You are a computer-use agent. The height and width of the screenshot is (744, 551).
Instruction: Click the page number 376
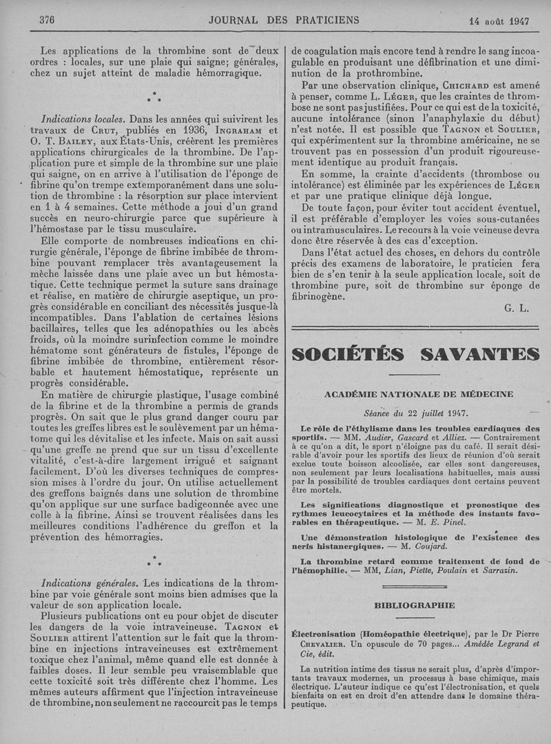click(x=47, y=20)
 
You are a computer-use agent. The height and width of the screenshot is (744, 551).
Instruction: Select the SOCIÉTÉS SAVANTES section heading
click(x=416, y=354)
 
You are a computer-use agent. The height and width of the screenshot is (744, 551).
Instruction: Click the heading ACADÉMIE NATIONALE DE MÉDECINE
click(x=418, y=394)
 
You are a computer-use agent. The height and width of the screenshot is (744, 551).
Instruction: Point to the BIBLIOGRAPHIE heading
click(x=415, y=605)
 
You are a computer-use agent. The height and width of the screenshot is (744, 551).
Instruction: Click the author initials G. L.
click(x=516, y=308)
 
